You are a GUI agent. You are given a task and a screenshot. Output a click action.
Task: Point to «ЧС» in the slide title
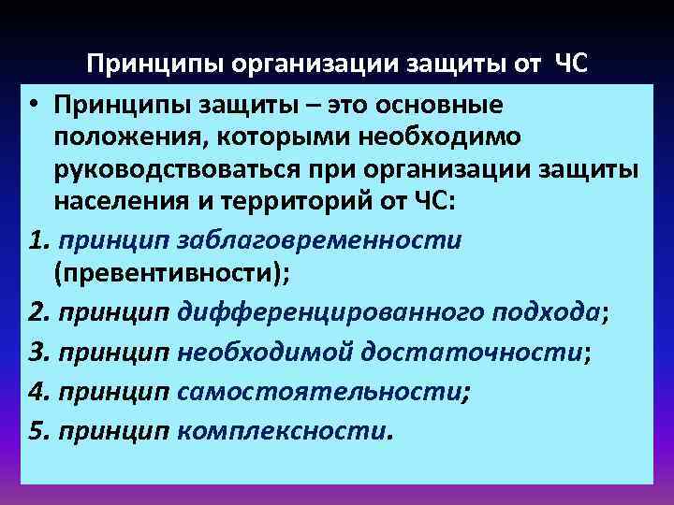pyautogui.click(x=574, y=64)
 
